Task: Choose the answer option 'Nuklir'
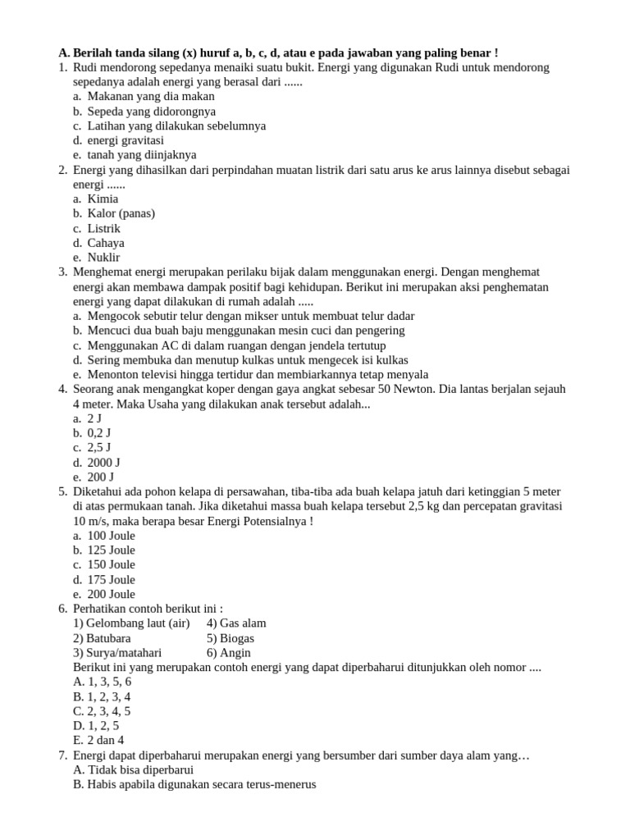pos(103,258)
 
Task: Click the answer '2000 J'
pos(103,462)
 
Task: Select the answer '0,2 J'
pos(99,432)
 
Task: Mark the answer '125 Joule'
pos(112,550)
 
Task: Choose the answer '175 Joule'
pos(112,579)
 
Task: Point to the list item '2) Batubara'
pos(102,637)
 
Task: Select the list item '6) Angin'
pos(229,652)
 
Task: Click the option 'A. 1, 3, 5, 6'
pos(103,681)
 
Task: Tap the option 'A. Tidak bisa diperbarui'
pos(133,769)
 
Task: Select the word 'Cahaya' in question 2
pos(106,243)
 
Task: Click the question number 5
pos(63,491)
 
